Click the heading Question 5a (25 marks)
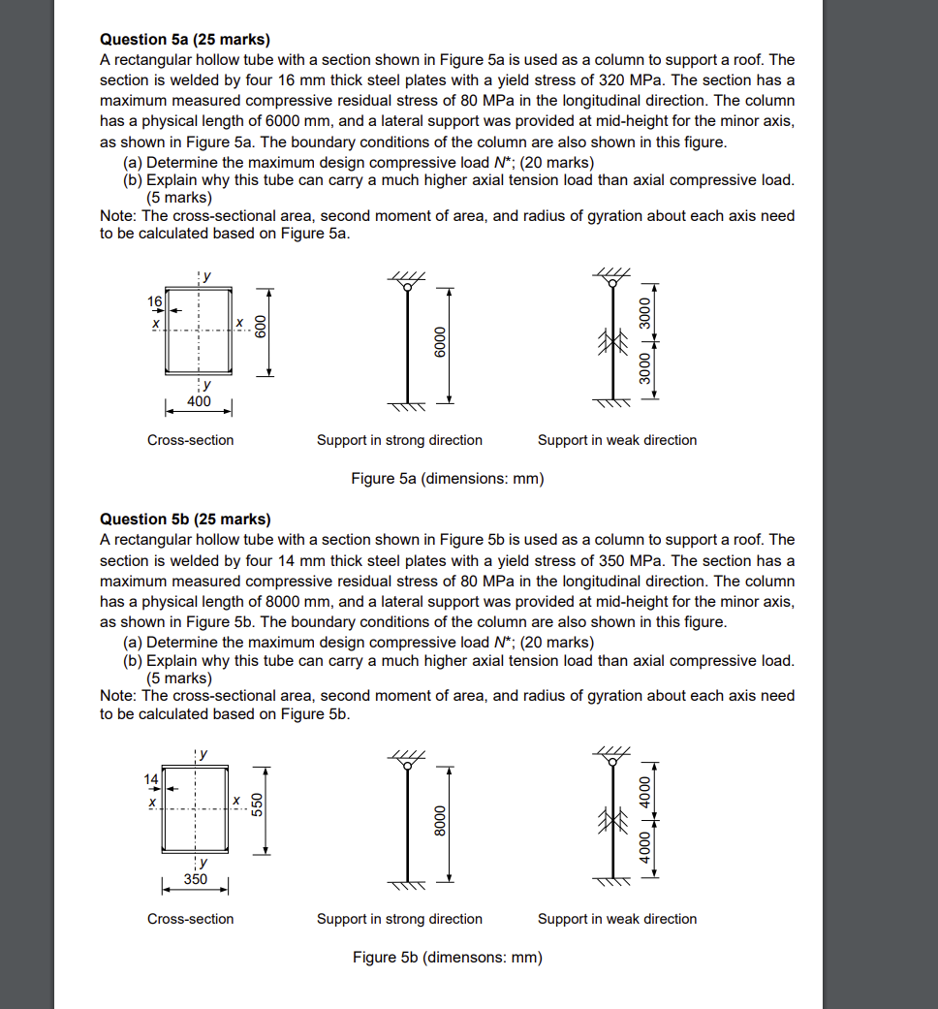coord(185,39)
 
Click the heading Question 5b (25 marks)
coord(185,519)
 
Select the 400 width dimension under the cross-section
coord(198,400)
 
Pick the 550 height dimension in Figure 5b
coord(258,806)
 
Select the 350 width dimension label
coord(195,879)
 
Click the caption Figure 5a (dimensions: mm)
coord(447,478)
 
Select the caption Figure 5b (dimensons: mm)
coord(447,958)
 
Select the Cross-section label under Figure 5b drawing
coord(190,919)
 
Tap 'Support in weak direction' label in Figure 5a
coord(616,440)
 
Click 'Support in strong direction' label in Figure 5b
coord(399,919)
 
